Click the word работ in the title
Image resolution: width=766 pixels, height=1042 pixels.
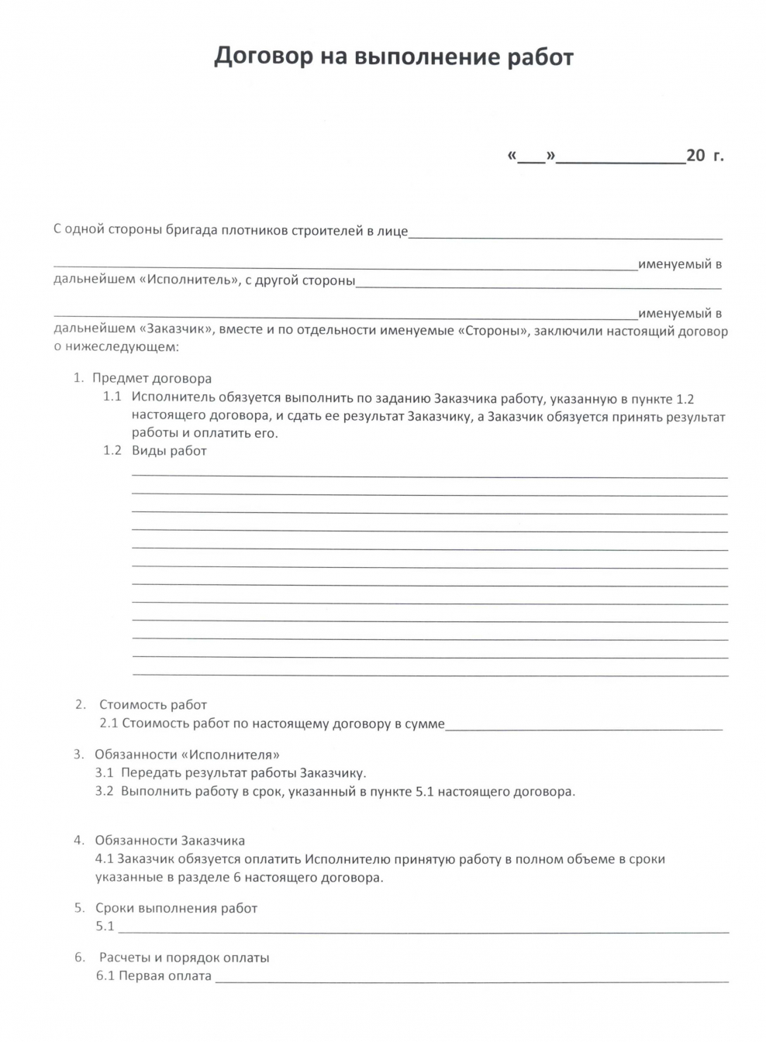tap(540, 57)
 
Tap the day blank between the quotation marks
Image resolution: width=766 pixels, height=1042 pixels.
tap(531, 157)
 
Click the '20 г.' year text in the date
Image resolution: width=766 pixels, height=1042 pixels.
tap(705, 156)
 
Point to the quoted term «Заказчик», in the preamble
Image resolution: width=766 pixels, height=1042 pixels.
tap(178, 330)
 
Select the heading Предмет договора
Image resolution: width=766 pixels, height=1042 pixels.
tap(152, 378)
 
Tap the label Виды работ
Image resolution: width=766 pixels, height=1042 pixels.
tap(169, 450)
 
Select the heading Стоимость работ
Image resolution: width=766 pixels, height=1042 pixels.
tap(153, 704)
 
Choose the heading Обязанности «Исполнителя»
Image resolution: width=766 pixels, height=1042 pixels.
tap(187, 754)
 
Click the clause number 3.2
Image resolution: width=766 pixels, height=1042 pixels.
tap(104, 791)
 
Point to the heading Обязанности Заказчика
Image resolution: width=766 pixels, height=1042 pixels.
tap(170, 840)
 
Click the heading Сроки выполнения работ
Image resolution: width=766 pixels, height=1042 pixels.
tap(176, 907)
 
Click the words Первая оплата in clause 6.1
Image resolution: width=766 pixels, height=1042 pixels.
tap(165, 975)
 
